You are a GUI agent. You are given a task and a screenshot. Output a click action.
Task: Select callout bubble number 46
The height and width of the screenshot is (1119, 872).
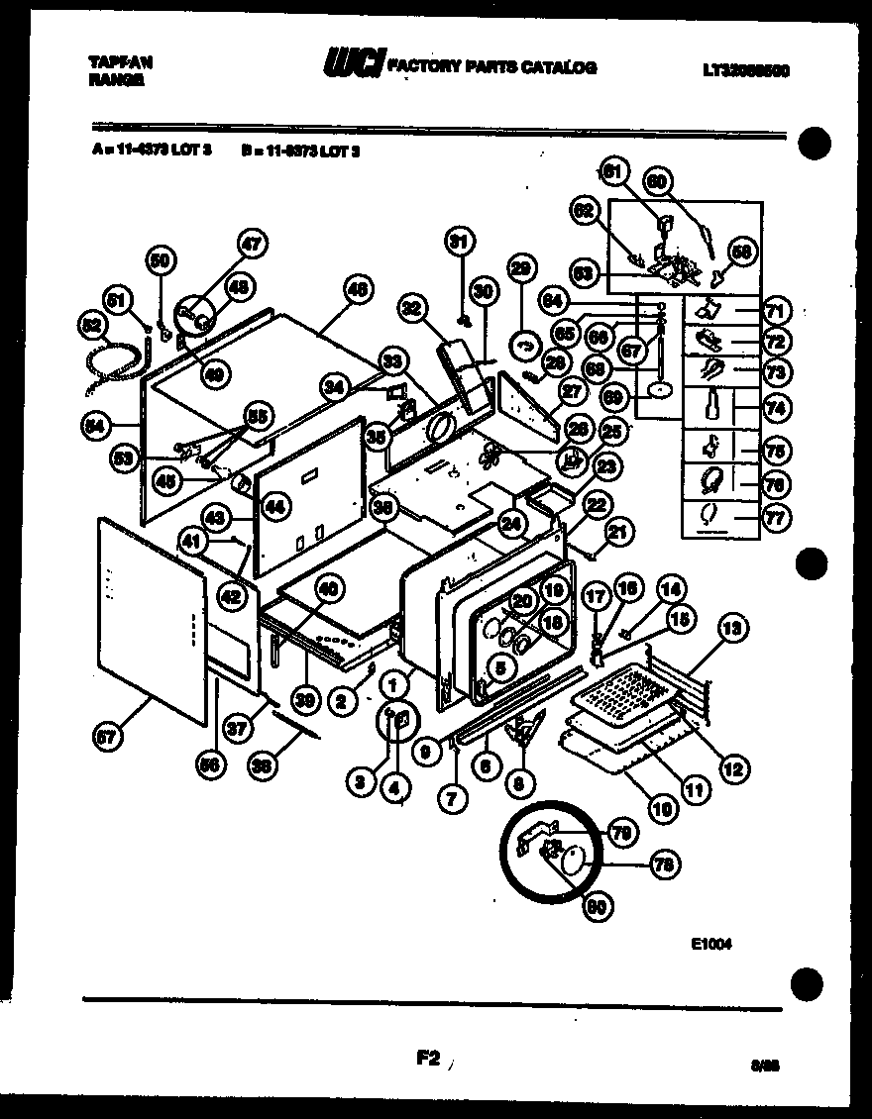(x=357, y=291)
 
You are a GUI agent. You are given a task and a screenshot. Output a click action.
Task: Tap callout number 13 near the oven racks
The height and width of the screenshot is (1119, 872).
(x=733, y=627)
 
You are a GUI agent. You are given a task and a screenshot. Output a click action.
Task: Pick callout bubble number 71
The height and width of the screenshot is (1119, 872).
(x=776, y=312)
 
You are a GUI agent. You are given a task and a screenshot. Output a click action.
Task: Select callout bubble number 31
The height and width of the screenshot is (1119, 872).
(x=459, y=242)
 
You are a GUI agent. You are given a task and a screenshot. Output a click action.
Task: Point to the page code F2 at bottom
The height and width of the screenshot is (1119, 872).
(x=428, y=1059)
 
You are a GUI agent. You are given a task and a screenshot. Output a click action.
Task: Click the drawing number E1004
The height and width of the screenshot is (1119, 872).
(x=711, y=944)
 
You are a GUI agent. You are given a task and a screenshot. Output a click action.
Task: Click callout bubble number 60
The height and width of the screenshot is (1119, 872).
(x=659, y=181)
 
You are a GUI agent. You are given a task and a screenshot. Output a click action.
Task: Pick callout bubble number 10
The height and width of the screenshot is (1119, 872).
(x=662, y=807)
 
